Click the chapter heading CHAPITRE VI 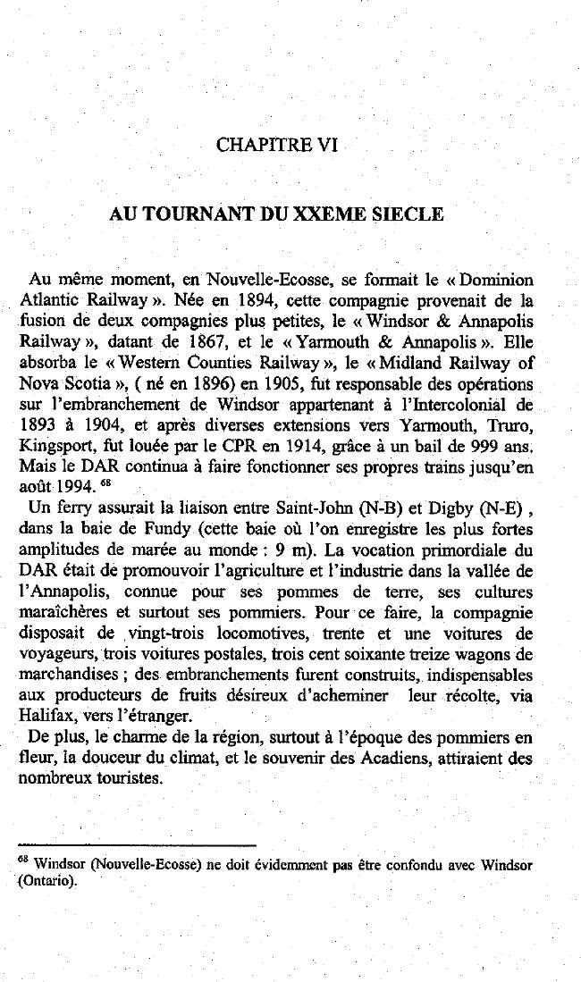point(276,145)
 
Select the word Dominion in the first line point(495,281)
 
